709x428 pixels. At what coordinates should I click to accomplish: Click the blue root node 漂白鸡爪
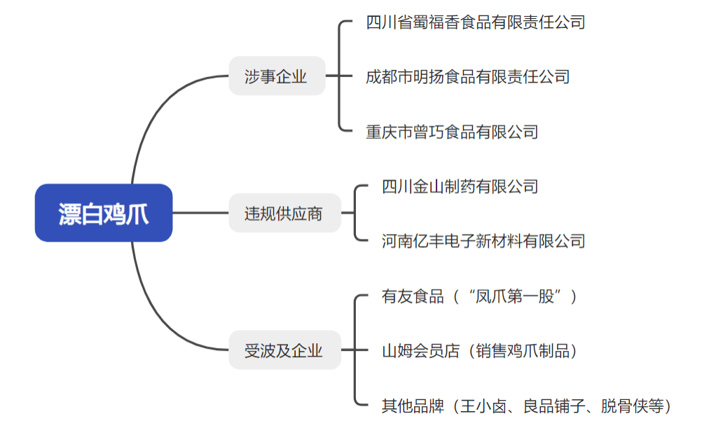(104, 213)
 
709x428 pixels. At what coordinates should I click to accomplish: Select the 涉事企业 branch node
(277, 76)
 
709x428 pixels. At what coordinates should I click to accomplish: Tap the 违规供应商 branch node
(284, 213)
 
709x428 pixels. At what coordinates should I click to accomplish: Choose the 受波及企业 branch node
(284, 350)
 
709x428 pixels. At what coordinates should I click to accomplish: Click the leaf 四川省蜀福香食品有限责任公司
(475, 22)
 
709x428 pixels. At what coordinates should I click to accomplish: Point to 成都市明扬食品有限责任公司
(467, 76)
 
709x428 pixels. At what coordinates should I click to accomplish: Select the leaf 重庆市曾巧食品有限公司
(452, 131)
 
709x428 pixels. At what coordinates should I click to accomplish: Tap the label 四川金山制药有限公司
(460, 186)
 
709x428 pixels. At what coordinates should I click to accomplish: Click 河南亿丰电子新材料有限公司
(483, 241)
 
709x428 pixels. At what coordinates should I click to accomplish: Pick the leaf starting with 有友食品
(479, 296)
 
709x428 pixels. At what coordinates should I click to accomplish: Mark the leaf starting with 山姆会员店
(479, 350)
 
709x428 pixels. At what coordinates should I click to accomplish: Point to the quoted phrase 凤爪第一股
(520, 296)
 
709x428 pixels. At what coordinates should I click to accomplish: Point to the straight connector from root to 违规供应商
(200, 213)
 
